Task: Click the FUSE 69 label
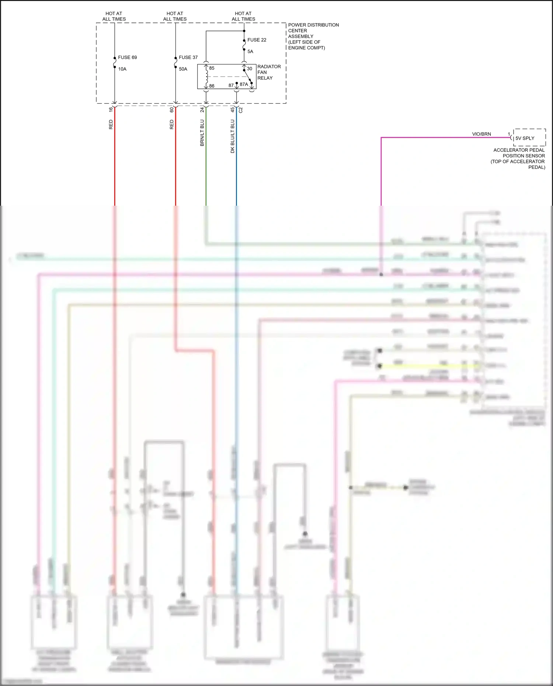pos(127,58)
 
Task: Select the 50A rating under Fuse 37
pos(183,69)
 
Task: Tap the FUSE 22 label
pos(257,40)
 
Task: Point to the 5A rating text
pos(250,52)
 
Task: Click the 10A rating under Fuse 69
pos(122,69)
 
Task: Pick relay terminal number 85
pos(212,68)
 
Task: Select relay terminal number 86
pos(212,86)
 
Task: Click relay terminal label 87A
pos(244,84)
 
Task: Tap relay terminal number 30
pos(250,69)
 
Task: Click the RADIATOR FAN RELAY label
pos(269,72)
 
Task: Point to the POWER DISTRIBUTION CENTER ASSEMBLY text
pos(313,36)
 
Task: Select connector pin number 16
pos(111,109)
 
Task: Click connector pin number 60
pos(172,109)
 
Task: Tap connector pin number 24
pos(202,109)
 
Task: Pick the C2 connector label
pos(241,109)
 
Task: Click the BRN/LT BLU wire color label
pos(202,133)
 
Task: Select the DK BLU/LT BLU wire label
pos(233,136)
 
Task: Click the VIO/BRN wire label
pos(481,134)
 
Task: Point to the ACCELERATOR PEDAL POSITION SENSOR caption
pos(518,159)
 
